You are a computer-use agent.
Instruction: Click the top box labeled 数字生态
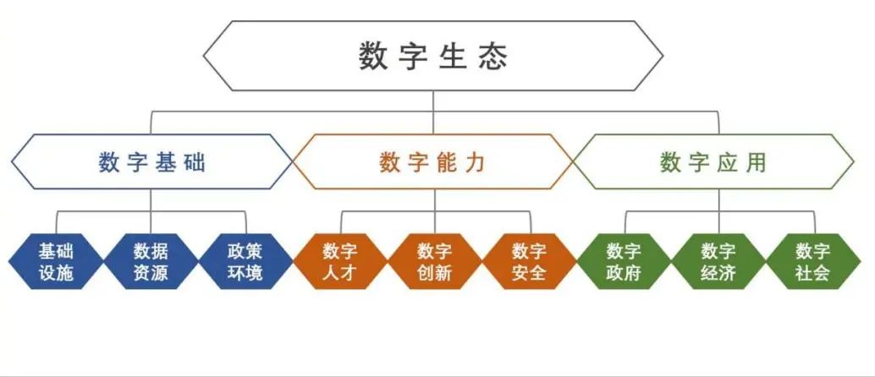point(432,56)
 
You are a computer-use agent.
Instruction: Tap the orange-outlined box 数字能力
point(432,162)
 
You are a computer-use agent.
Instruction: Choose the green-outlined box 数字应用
point(715,162)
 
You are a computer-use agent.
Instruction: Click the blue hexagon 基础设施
point(56,262)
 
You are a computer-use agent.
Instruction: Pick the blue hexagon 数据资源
point(151,262)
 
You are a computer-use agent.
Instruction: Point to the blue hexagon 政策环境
point(245,262)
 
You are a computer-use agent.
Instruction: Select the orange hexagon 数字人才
point(340,262)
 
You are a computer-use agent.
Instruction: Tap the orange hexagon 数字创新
point(434,262)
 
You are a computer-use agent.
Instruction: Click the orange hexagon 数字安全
point(529,262)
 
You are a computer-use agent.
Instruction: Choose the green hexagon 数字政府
point(624,262)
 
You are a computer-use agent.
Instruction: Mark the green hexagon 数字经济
point(718,262)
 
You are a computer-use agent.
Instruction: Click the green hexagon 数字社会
point(812,262)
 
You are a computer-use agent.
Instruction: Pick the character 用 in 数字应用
point(756,162)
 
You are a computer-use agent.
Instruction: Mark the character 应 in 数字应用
point(728,162)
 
